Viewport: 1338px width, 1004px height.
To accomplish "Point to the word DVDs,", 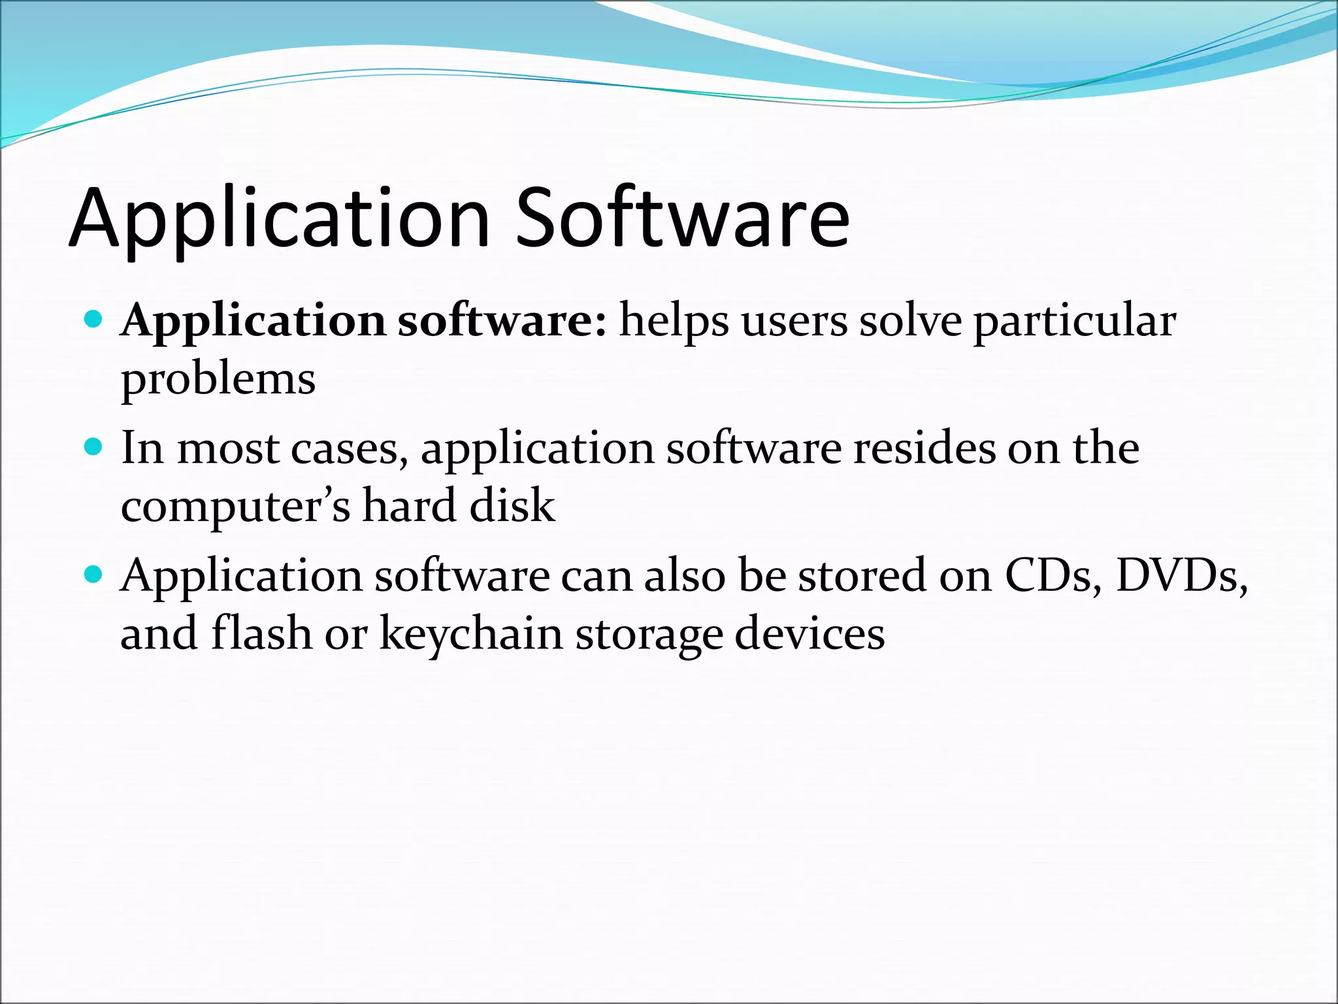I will (1181, 576).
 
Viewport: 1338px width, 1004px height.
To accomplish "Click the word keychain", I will (471, 635).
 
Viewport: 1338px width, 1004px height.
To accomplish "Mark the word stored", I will (862, 576).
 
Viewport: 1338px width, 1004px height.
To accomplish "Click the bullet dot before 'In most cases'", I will (94, 447).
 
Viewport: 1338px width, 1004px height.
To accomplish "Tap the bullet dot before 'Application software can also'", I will (94, 575).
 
